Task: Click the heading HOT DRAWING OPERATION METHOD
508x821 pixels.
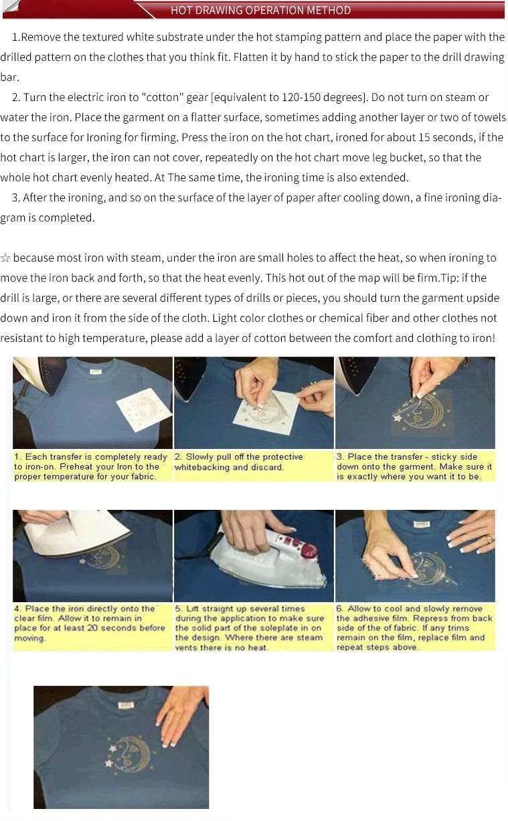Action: point(260,10)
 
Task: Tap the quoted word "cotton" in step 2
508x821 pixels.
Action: point(163,97)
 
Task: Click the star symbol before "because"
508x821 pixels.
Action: point(5,258)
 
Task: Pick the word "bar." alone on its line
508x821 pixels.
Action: point(9,78)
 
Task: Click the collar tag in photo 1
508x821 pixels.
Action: point(96,371)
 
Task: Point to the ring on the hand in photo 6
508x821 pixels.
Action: point(491,539)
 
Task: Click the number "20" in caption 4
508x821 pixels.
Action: point(92,628)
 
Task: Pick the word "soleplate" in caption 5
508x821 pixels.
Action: point(274,628)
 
